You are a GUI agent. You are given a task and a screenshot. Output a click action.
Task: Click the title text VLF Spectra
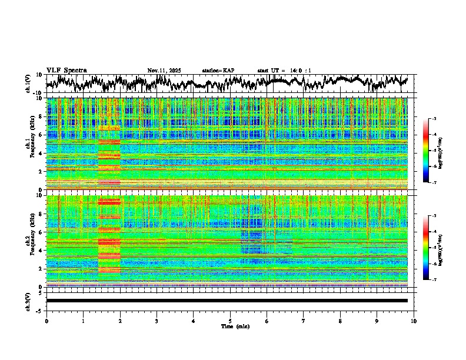pyautogui.click(x=66, y=70)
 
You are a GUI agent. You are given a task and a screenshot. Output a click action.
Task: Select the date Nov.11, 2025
pyautogui.click(x=164, y=71)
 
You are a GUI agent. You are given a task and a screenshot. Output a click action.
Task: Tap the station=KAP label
pyautogui.click(x=218, y=71)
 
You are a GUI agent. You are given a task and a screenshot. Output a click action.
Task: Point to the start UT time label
pyautogui.click(x=284, y=71)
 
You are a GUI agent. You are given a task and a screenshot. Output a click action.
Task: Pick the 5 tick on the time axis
pyautogui.click(x=230, y=321)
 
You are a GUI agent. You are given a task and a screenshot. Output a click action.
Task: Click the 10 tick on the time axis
pyautogui.click(x=414, y=321)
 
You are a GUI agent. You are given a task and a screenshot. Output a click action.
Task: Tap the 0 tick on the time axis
pyautogui.click(x=46, y=321)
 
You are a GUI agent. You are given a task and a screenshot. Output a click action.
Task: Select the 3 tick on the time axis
pyautogui.click(x=157, y=321)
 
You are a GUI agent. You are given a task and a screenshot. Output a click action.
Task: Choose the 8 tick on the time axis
pyautogui.click(x=340, y=321)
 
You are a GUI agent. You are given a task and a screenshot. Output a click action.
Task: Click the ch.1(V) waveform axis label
pyautogui.click(x=28, y=84)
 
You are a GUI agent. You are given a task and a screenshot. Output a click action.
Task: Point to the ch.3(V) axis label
pyautogui.click(x=28, y=301)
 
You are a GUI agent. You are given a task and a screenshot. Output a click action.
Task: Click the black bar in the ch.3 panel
pyautogui.click(x=227, y=301)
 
